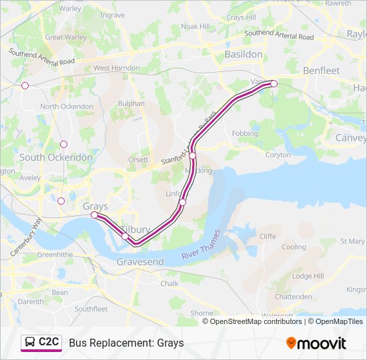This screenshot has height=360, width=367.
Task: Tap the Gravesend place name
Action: pyautogui.click(x=140, y=262)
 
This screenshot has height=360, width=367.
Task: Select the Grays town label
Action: pyautogui.click(x=95, y=206)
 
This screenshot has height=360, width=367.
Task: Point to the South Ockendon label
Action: pyautogui.click(x=56, y=157)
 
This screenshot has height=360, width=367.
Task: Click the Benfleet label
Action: pyautogui.click(x=322, y=70)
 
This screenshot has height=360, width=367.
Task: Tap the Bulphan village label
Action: pyautogui.click(x=131, y=103)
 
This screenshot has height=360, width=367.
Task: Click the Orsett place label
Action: pyautogui.click(x=138, y=160)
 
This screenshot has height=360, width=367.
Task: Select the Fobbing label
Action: pyautogui.click(x=245, y=133)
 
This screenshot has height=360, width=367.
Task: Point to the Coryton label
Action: pyautogui.click(x=278, y=155)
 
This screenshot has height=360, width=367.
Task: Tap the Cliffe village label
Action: pyautogui.click(x=268, y=236)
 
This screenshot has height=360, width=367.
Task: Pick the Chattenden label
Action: pyautogui.click(x=293, y=297)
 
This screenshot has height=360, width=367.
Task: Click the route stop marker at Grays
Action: pyautogui.click(x=94, y=215)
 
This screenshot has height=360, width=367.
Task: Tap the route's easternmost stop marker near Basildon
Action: pyautogui.click(x=274, y=83)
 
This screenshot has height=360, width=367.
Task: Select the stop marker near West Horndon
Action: pyautogui.click(x=25, y=85)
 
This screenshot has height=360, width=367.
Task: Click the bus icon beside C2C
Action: pyautogui.click(x=30, y=343)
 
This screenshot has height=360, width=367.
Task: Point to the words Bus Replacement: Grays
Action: pyautogui.click(x=126, y=343)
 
